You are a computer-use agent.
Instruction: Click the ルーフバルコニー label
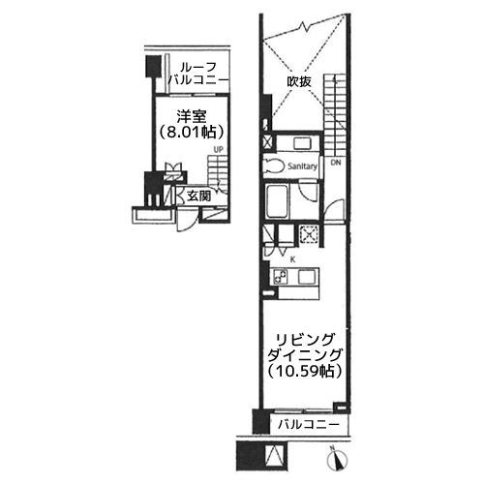[x=198, y=74]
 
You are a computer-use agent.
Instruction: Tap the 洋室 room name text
[x=192, y=116]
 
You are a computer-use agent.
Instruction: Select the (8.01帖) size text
[x=192, y=132]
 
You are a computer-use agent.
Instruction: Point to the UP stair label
[x=219, y=150]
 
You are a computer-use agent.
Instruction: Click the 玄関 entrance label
[x=199, y=196]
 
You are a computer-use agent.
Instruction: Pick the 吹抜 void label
[x=299, y=81]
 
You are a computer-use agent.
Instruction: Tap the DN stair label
[x=336, y=163]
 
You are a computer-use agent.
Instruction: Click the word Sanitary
[x=302, y=166]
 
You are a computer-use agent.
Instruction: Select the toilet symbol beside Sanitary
[x=274, y=166]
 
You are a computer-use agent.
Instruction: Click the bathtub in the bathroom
[x=277, y=201]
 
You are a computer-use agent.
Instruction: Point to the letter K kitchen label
[x=292, y=260]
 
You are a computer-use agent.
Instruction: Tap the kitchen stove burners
[x=281, y=277]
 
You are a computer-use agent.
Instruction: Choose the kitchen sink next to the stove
[x=306, y=277]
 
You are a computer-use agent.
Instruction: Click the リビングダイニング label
[x=305, y=348]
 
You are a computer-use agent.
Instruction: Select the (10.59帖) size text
[x=305, y=372]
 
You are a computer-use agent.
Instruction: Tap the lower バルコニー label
[x=309, y=424]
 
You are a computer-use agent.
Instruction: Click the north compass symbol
[x=337, y=458]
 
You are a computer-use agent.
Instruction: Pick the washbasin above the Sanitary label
[x=302, y=143]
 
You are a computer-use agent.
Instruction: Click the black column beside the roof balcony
[x=153, y=67]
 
